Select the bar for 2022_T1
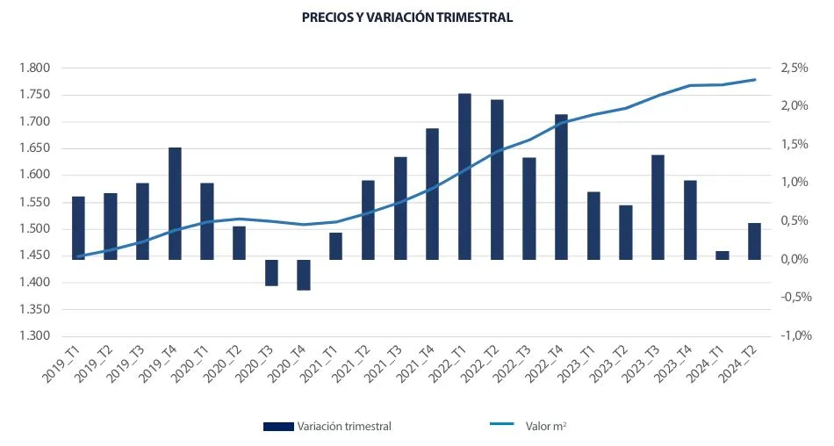click(464, 176)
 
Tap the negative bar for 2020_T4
click(304, 275)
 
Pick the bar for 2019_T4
click(175, 204)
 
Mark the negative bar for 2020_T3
click(271, 272)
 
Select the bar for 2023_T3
click(658, 207)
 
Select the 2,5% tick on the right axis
click(794, 68)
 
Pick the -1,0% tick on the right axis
click(792, 336)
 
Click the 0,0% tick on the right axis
click(794, 260)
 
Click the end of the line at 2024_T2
click(755, 80)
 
